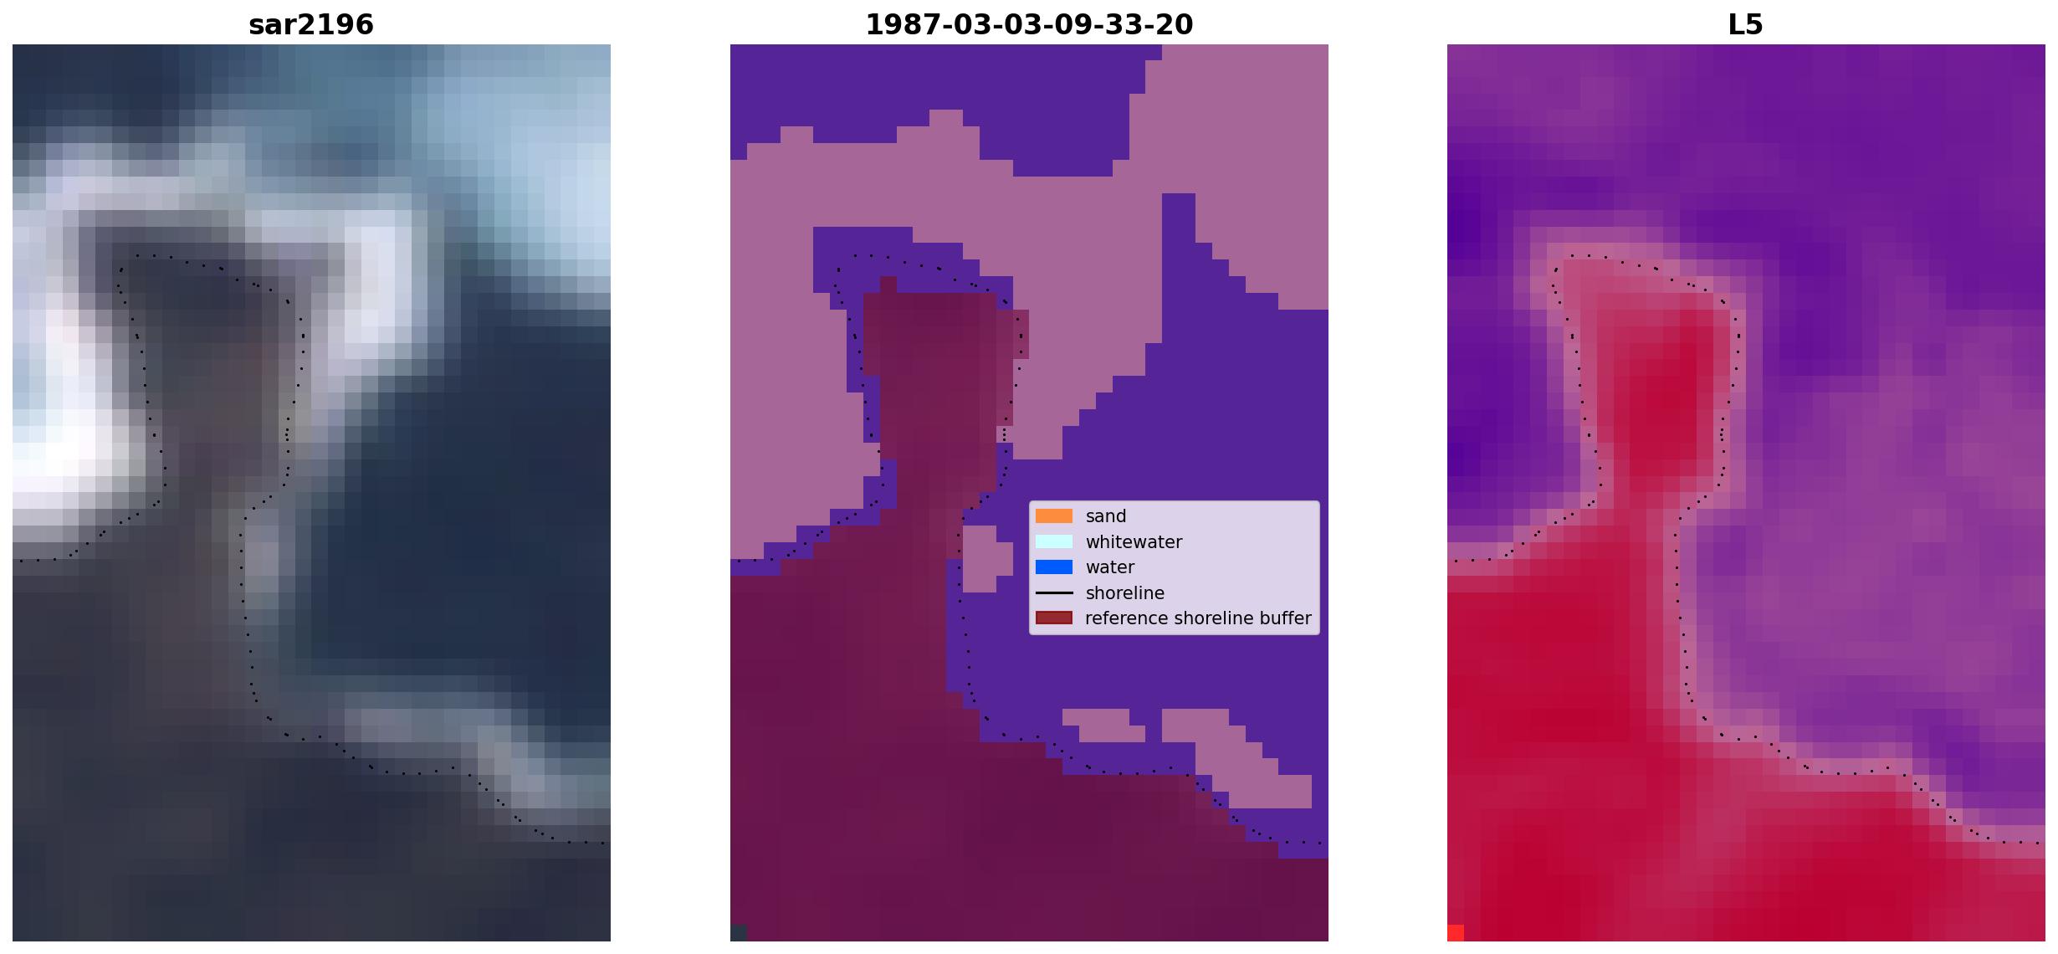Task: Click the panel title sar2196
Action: click(311, 24)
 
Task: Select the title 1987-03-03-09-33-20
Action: click(1029, 24)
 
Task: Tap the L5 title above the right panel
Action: click(1746, 24)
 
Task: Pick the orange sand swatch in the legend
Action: click(1054, 516)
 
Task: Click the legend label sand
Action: click(1106, 516)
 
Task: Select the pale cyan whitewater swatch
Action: click(1054, 542)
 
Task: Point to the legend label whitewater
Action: click(1134, 542)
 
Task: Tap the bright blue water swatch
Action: click(1054, 567)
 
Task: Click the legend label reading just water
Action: click(1110, 567)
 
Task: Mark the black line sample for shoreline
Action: click(1054, 593)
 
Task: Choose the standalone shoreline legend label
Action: click(1125, 593)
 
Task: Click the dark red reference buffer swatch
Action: click(1054, 618)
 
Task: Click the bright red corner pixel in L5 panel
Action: click(1456, 933)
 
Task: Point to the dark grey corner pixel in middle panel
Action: click(739, 933)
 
